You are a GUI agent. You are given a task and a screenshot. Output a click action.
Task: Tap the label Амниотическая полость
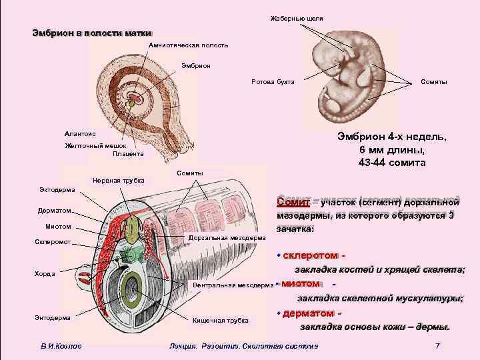point(189,45)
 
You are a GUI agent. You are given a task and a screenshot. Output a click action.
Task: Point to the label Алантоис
point(80,133)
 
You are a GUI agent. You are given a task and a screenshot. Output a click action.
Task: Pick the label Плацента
point(127,154)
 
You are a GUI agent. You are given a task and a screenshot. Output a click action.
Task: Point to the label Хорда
point(45,273)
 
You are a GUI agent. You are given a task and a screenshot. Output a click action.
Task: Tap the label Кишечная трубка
point(220,321)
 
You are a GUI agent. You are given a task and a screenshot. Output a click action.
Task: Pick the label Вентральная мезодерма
point(232,285)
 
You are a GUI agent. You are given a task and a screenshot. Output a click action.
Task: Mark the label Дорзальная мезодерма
point(227,237)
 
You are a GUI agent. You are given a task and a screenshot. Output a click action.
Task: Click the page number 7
point(437,345)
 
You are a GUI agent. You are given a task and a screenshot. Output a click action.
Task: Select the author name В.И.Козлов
point(61,345)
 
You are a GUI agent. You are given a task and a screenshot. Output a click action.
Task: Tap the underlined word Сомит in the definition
point(292,201)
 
